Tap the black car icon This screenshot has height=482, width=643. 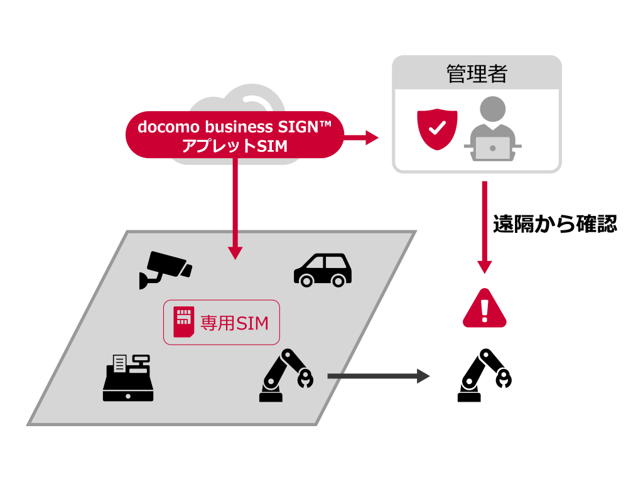pyautogui.click(x=323, y=270)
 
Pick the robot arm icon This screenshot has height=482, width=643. pyautogui.click(x=286, y=376)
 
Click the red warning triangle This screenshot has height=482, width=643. pyautogui.click(x=484, y=309)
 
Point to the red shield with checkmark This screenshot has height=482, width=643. pyautogui.click(x=436, y=128)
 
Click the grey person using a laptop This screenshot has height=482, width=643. pyautogui.click(x=492, y=129)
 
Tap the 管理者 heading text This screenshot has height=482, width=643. pyautogui.click(x=477, y=74)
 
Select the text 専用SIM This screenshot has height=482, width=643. pyautogui.click(x=234, y=323)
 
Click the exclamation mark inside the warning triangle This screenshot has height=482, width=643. pyautogui.click(x=484, y=309)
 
